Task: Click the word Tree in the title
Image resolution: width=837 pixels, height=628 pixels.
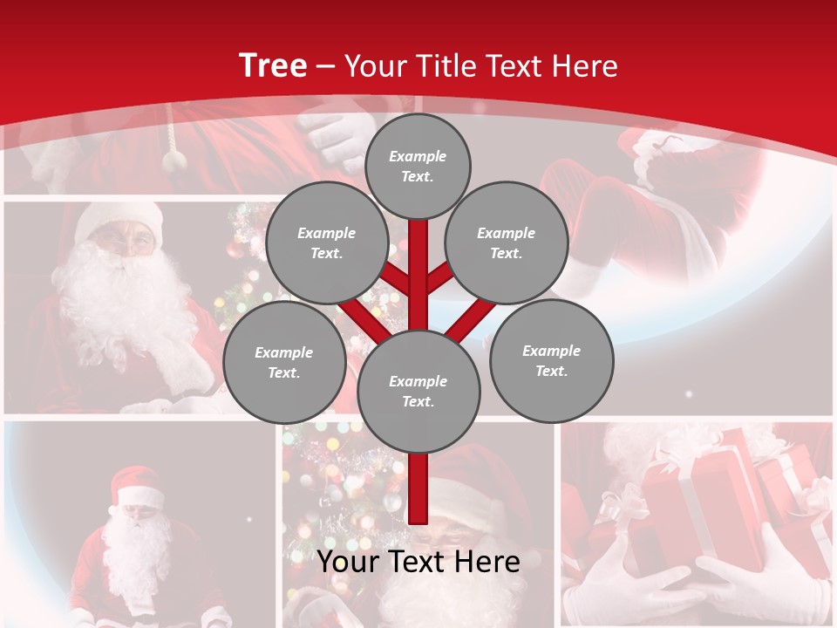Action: point(273,66)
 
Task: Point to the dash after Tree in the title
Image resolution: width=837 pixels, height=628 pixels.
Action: point(326,67)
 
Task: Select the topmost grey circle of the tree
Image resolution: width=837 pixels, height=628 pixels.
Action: point(418,166)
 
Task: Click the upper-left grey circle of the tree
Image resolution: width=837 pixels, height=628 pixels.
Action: point(326,242)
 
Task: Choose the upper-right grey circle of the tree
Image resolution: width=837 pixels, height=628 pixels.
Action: point(507,242)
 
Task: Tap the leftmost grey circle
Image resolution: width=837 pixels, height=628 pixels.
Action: point(284,362)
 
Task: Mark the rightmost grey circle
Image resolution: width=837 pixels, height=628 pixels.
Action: point(551,360)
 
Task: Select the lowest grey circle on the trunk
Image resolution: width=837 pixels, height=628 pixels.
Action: point(418,391)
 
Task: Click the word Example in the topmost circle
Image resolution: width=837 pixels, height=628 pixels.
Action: point(418,156)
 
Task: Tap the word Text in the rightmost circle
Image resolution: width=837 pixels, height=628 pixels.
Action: point(551,371)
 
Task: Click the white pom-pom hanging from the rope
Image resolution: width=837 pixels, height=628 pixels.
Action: point(175,159)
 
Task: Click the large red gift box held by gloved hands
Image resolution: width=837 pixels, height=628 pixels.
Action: point(689,506)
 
